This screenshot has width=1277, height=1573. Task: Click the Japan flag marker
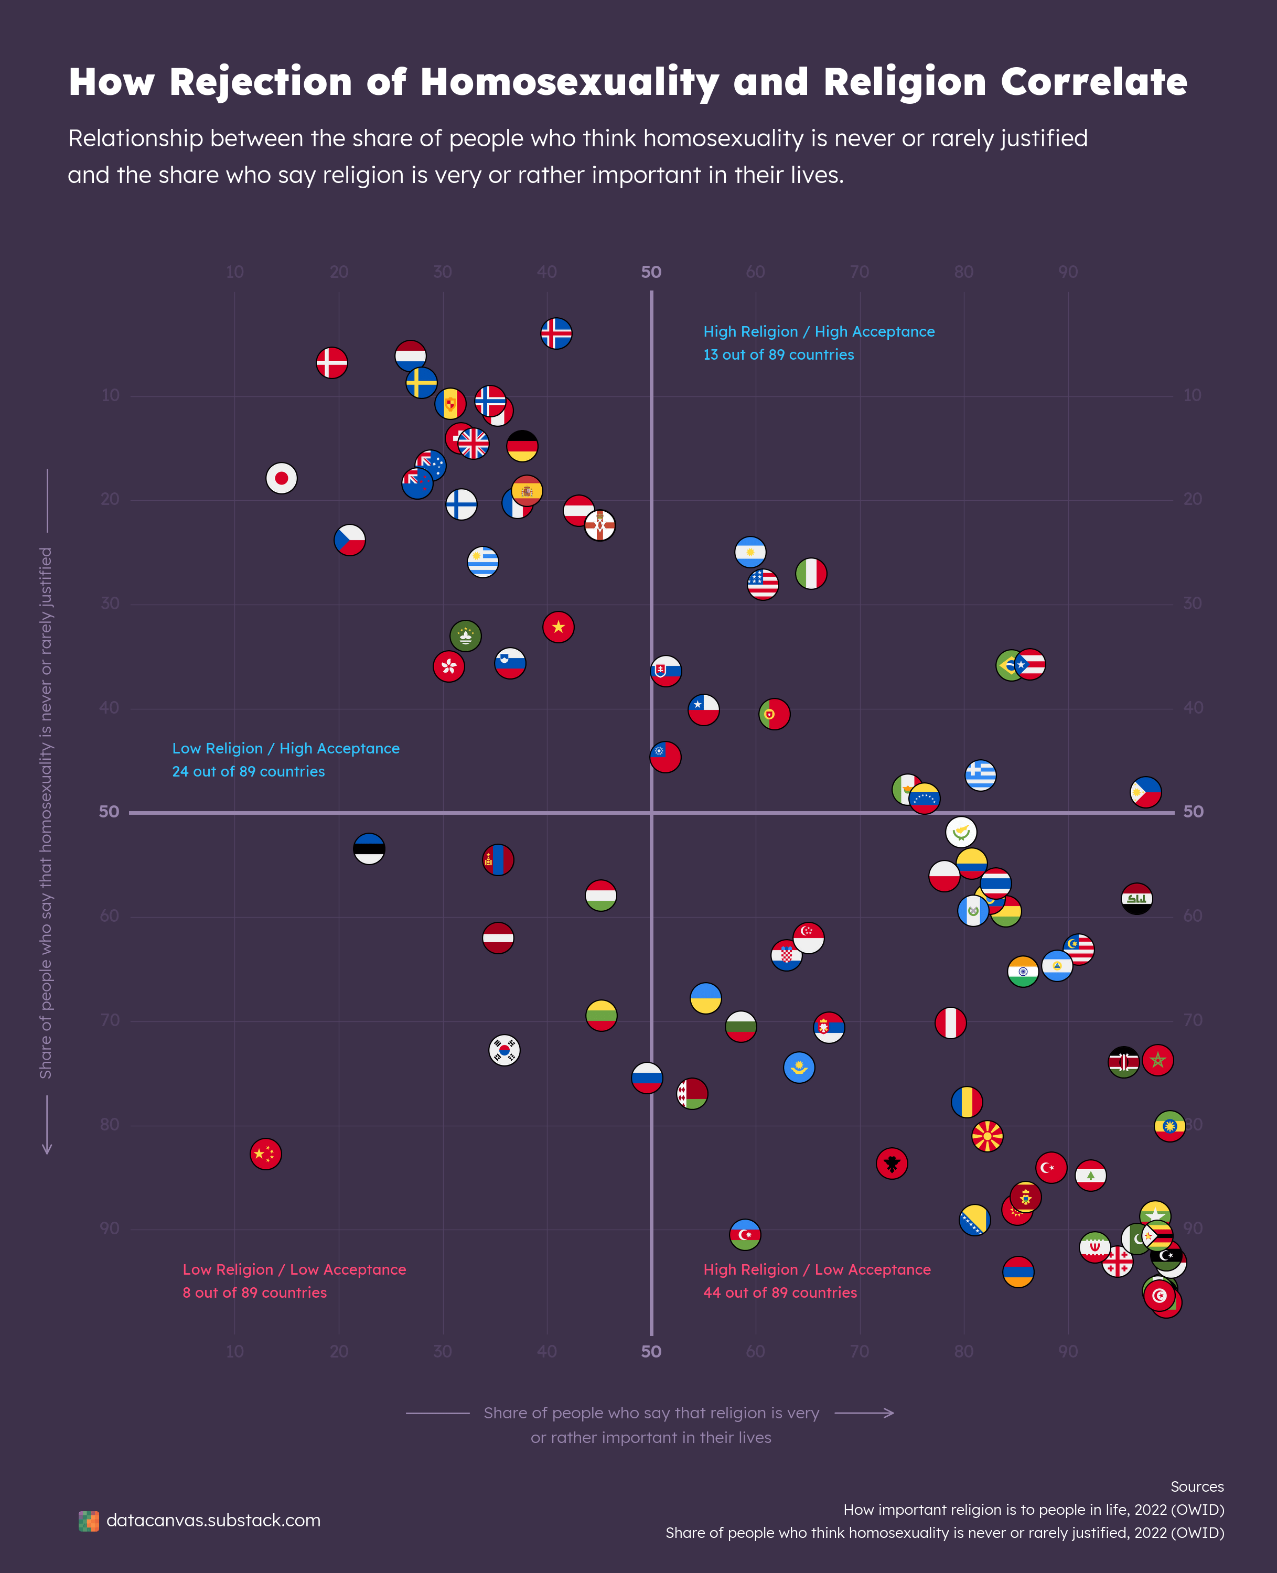[281, 478]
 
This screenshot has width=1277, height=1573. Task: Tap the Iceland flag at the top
[556, 333]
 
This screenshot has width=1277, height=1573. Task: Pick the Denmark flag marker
[332, 362]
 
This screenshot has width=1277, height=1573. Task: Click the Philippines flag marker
[1145, 792]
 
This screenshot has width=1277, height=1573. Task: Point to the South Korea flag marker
[505, 1049]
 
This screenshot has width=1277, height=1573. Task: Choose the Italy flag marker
[811, 574]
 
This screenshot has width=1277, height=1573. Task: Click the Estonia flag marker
[369, 849]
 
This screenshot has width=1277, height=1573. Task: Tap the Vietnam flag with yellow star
[559, 627]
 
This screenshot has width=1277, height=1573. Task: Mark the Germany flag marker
[522, 446]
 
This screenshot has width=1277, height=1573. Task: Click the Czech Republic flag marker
[349, 540]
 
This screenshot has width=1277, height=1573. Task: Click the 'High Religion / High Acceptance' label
[819, 332]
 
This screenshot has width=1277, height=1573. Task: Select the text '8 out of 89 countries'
[254, 1292]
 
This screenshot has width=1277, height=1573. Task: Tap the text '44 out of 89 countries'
[780, 1292]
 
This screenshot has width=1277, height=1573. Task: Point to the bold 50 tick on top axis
[651, 272]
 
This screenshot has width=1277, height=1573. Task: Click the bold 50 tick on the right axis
[1193, 812]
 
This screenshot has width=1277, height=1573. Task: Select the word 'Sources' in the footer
[1197, 1486]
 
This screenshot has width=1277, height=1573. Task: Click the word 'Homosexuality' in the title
[570, 82]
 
